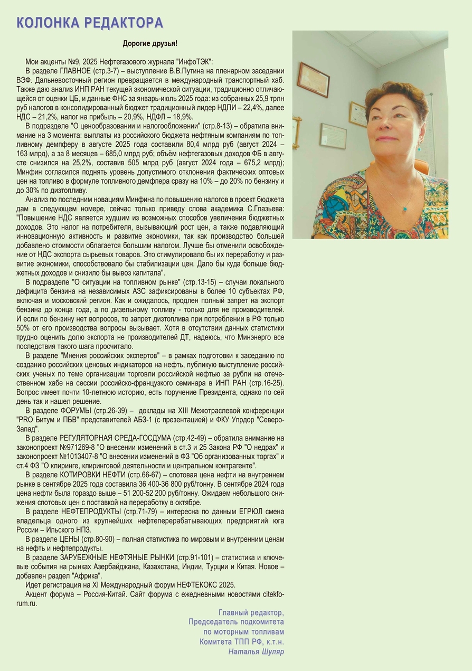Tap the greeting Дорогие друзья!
150,43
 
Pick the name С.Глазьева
262,209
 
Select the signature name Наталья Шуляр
256,651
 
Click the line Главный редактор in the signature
251,612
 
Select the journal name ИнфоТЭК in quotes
196,62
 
